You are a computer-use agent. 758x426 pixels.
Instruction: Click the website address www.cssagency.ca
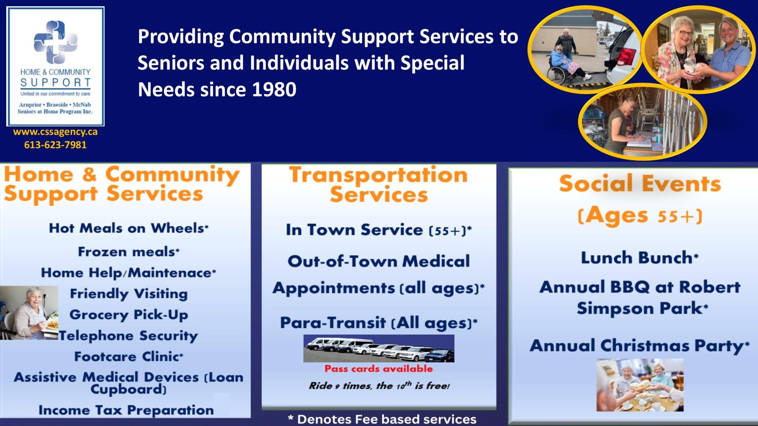(55, 132)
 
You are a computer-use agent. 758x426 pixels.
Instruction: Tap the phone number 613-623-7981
(55, 145)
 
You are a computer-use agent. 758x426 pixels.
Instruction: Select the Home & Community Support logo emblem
(55, 42)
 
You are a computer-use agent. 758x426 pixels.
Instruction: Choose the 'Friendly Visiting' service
(129, 294)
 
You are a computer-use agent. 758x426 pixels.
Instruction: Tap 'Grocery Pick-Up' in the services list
(129, 315)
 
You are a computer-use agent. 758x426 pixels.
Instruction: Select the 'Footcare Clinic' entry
(129, 356)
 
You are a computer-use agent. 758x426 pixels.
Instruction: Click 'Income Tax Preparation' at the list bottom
(126, 410)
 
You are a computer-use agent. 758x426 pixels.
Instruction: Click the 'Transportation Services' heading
(379, 185)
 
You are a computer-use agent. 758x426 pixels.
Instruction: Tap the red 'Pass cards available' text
(379, 369)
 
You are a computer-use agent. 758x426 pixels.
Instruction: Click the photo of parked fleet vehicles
(379, 348)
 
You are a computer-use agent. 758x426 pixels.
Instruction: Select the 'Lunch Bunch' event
(640, 257)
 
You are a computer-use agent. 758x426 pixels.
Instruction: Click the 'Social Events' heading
(640, 183)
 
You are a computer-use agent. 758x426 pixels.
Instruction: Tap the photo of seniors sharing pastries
(640, 385)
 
